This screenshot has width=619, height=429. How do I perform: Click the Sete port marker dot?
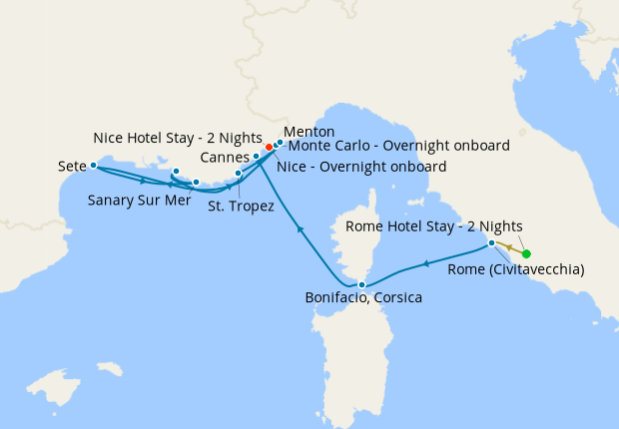point(93,166)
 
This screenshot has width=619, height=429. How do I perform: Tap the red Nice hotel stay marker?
point(269,148)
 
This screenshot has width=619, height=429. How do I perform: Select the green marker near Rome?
point(526,253)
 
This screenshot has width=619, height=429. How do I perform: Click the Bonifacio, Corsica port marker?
point(361,285)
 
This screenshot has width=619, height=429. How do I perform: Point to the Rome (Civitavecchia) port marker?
point(491,243)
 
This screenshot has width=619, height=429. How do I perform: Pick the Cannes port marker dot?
point(257,157)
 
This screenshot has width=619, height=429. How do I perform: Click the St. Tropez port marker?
point(238,174)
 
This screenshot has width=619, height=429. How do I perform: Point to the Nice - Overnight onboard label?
point(364,166)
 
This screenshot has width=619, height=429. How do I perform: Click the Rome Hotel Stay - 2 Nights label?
point(433,226)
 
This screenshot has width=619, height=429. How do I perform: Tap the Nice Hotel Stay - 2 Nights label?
point(177,137)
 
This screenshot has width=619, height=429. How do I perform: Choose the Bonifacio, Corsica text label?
point(363,298)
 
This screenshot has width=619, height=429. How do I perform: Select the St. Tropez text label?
point(241,207)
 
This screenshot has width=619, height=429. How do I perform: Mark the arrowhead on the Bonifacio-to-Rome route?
point(426,263)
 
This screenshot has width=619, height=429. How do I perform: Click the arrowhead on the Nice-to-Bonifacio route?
point(300,230)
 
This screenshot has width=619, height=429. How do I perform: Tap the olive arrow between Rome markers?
point(508,247)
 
